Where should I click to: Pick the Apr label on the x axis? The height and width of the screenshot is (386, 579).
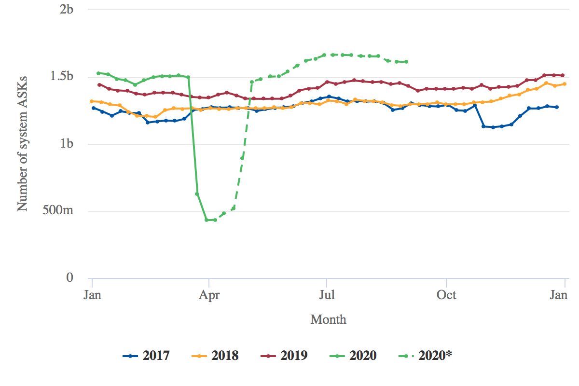[208, 294]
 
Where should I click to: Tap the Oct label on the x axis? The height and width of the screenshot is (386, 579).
[446, 294]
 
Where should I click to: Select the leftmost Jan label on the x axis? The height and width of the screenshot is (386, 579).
[92, 294]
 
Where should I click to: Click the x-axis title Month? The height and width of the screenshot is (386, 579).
[328, 319]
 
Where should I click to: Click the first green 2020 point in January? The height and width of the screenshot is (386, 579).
[98, 73]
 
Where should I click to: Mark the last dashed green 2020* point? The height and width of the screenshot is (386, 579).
[407, 62]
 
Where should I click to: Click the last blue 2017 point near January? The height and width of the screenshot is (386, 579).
[557, 107]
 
